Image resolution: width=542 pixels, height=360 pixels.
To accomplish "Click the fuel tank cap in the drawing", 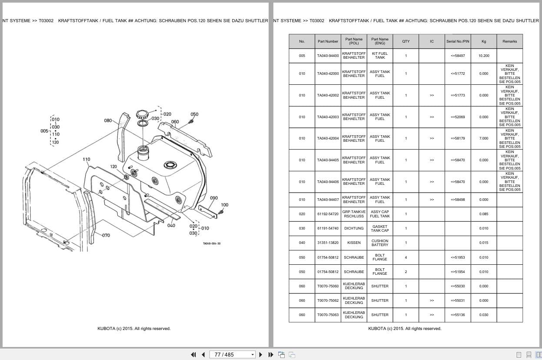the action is point(142,114).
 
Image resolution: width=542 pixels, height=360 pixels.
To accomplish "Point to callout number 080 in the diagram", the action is point(108,120).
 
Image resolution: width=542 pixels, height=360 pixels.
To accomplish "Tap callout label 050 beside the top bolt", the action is point(194,114).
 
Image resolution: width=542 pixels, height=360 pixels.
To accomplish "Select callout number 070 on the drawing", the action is point(106,235).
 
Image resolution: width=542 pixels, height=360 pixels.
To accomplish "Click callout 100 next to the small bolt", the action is point(225,205).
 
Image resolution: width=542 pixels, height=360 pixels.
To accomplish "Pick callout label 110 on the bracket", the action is point(86,159).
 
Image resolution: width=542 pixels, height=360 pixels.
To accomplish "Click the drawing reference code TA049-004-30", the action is point(212,243).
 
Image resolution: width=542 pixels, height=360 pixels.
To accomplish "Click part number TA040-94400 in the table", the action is point(328,56).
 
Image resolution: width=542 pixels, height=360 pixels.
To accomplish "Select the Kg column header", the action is point(484,41).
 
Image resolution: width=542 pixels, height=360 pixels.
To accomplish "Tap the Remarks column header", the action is point(509,41).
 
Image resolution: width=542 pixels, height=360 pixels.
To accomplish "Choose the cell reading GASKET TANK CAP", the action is point(379,229).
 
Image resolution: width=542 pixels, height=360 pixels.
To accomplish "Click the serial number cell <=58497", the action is point(458,56).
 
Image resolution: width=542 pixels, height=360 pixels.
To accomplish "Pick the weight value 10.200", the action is point(484,56).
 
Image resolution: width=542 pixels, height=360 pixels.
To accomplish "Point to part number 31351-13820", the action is point(328,243).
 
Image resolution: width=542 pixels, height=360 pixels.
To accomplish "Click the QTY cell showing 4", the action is point(406,257).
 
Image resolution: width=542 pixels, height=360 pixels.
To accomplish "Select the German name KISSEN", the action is point(354,243).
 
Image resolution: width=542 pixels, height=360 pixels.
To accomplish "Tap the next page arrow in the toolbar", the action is point(261,355).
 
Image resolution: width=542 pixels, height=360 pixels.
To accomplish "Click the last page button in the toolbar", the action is point(271,355).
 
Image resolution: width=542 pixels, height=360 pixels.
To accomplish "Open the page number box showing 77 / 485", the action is point(232,355).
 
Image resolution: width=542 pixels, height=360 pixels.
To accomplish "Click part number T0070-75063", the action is point(328,315).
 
